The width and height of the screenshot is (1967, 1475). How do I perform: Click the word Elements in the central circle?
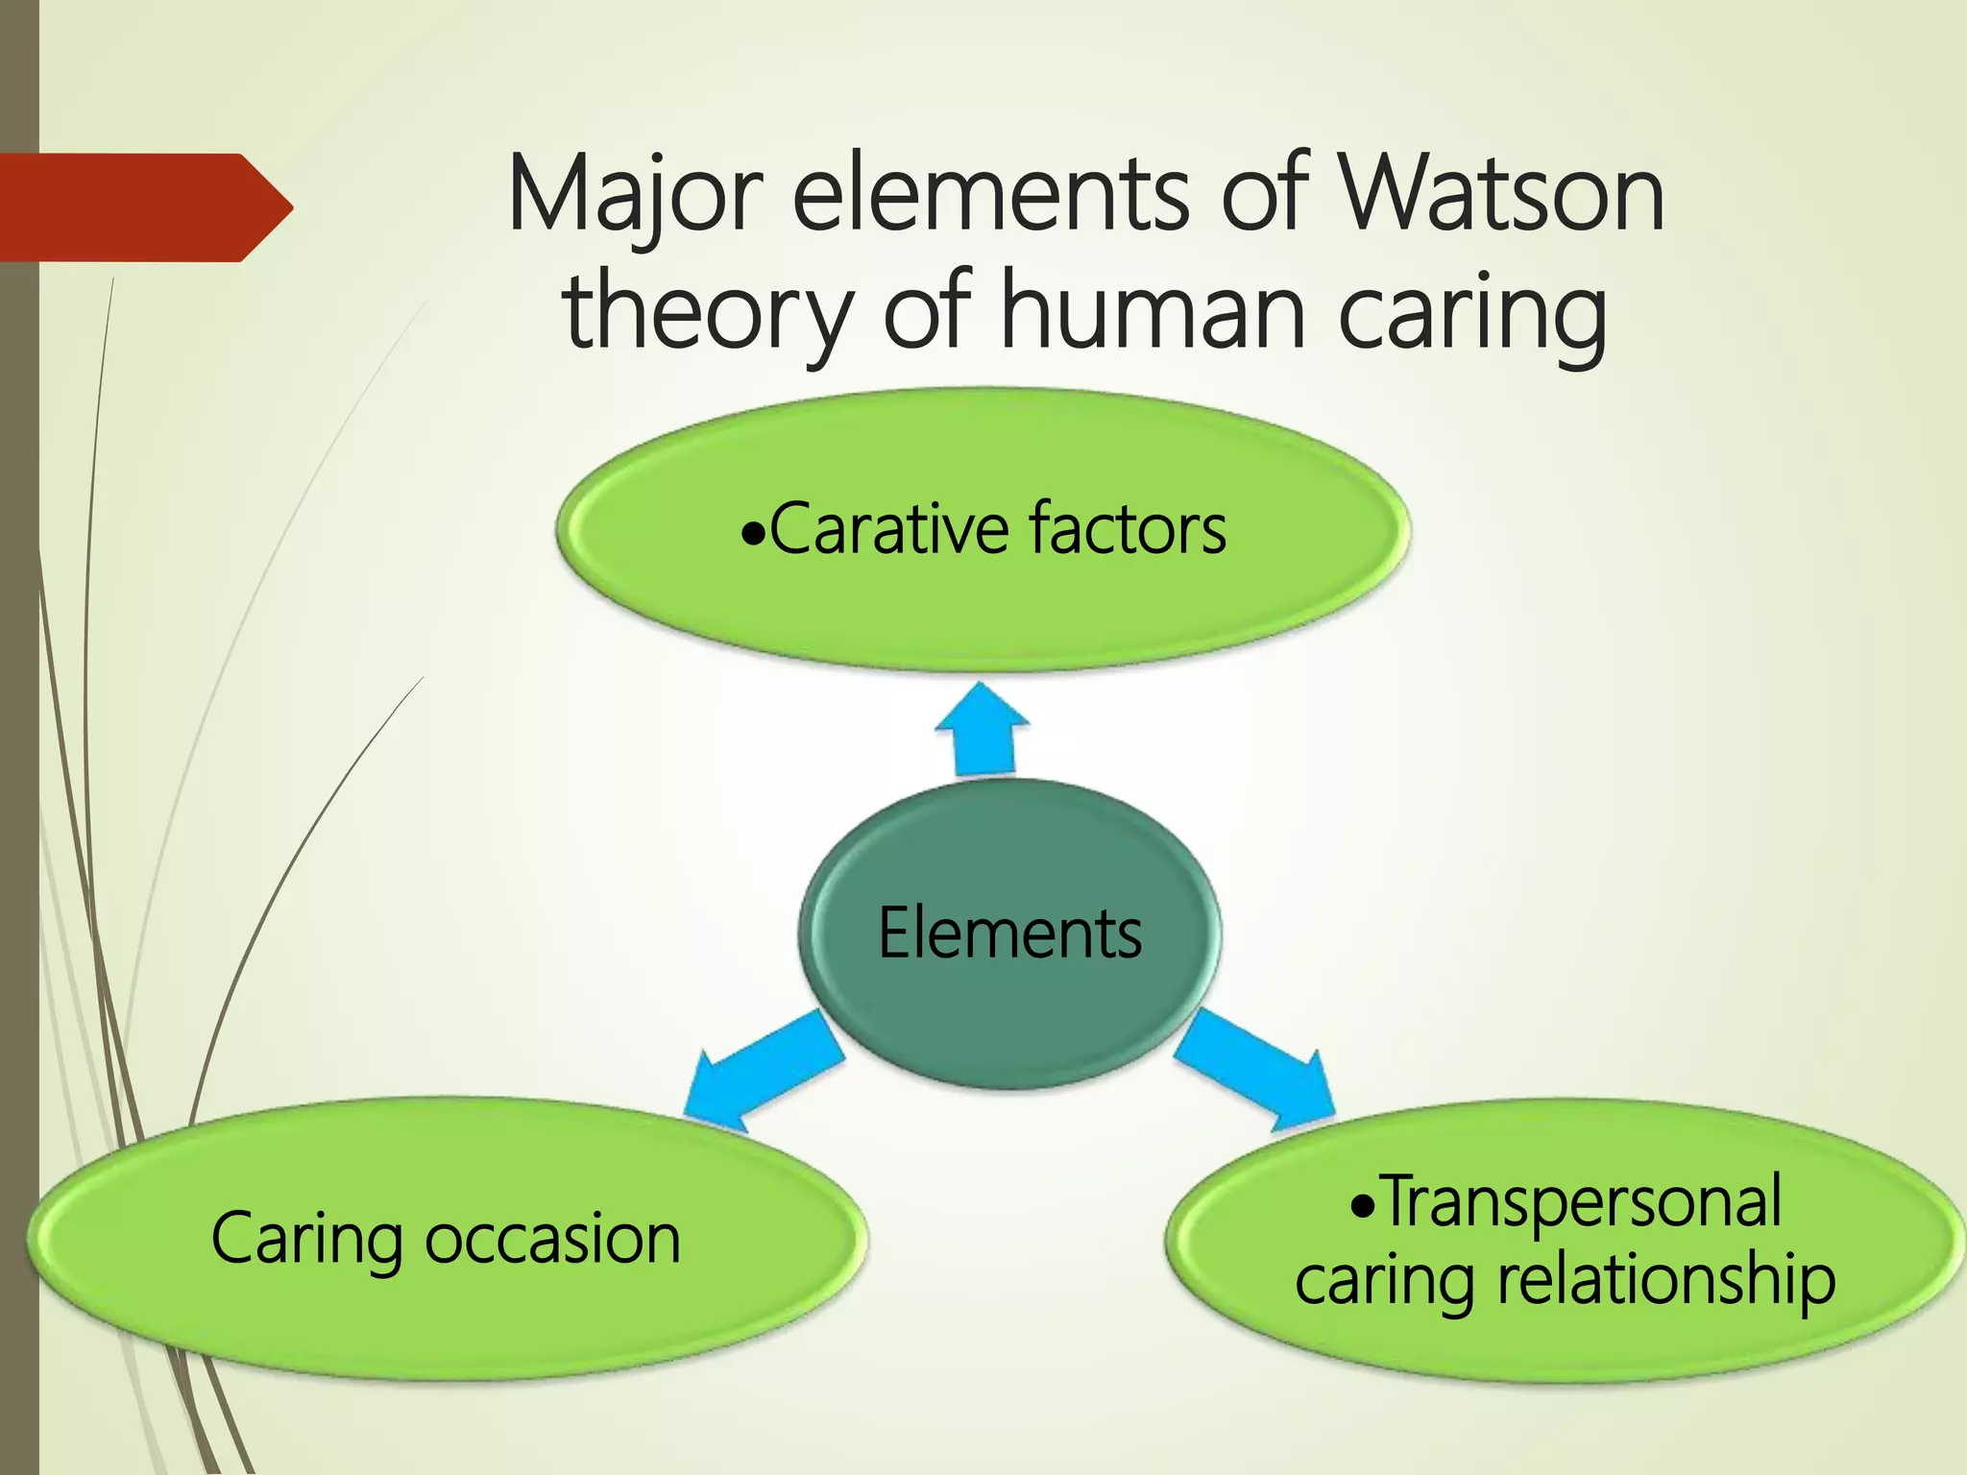[x=1009, y=933]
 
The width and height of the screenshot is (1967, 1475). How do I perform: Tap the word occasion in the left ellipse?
[x=552, y=1239]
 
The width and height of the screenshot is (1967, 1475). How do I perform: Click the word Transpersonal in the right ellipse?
[x=1581, y=1202]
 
